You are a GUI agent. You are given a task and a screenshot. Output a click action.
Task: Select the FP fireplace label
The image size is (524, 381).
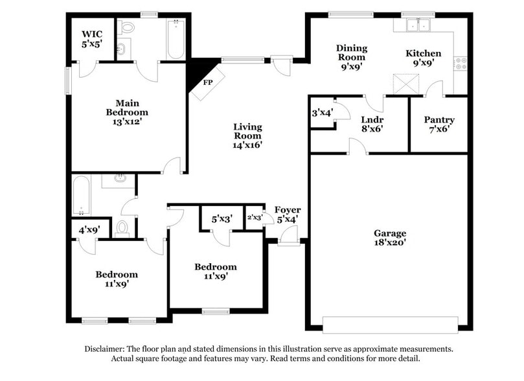[208, 83]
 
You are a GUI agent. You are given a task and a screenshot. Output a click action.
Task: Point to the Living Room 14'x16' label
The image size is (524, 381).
[247, 136]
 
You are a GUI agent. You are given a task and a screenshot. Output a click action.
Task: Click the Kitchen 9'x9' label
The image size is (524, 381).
[424, 58]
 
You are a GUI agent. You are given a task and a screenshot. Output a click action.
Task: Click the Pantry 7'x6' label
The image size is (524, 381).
[439, 124]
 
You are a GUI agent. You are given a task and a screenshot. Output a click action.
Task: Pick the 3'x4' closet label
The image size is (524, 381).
[322, 113]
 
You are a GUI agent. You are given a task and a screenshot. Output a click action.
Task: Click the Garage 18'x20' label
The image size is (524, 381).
[390, 238]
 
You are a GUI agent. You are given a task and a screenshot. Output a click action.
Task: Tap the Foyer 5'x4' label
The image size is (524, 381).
[287, 214]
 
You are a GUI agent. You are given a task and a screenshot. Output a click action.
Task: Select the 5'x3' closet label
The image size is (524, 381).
[222, 218]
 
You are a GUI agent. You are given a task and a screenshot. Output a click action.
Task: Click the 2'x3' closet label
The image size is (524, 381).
[255, 218]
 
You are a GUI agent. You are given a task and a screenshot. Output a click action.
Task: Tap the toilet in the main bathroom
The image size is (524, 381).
[127, 28]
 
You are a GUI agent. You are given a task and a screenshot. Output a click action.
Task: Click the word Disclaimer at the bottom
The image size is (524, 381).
[105, 349]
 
